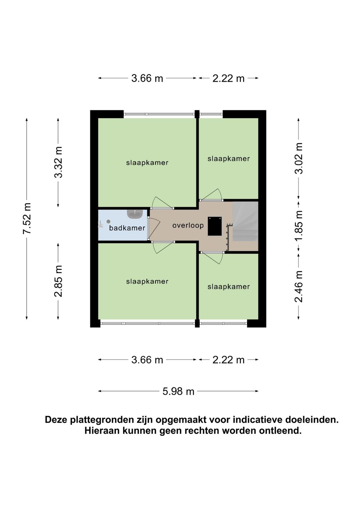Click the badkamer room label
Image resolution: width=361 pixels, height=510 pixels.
pos(127,228)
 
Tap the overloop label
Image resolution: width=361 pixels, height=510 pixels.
pos(188,225)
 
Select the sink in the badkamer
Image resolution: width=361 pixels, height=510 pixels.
pos(135,213)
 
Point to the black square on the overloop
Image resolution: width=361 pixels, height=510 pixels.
pos(215,226)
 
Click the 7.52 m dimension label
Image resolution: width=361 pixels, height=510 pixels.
pos(27,218)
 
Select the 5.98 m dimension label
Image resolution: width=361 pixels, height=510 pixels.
pos(178,391)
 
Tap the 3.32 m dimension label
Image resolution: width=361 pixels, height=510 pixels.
pos(58,162)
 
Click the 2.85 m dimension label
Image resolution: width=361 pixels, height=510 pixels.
pos(58,281)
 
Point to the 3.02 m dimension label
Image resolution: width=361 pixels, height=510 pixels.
pos(298,158)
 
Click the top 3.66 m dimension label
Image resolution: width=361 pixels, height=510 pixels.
pos(147,78)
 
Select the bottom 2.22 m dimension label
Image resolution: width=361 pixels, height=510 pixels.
pos(229,360)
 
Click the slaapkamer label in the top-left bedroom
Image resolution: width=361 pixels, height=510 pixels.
pos(147,163)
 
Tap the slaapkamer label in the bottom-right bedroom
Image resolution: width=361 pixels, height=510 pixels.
pos(229,287)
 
